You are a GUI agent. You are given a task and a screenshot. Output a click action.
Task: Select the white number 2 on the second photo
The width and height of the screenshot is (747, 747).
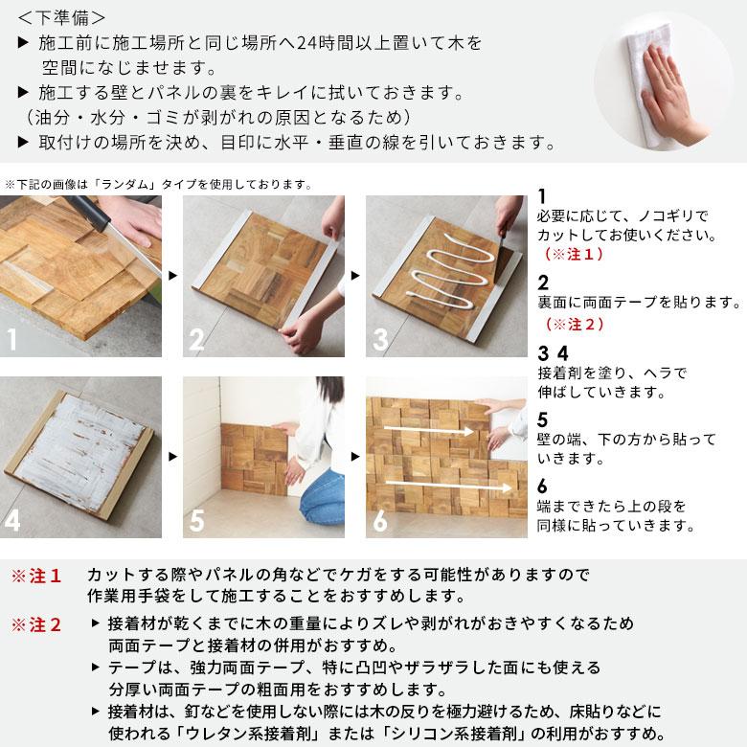(196, 339)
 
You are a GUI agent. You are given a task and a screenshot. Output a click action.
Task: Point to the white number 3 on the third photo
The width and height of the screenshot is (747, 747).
(381, 339)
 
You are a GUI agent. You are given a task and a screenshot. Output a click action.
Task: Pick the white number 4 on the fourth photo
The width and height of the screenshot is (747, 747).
(13, 521)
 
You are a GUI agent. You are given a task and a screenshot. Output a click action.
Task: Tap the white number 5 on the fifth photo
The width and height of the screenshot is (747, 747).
(196, 521)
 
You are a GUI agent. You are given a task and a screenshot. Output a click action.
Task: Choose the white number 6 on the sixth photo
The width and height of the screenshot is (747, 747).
(381, 521)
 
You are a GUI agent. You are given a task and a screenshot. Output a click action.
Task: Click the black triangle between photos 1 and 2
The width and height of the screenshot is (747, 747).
(171, 276)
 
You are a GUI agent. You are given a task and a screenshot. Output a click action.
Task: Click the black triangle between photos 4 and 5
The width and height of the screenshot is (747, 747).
(171, 457)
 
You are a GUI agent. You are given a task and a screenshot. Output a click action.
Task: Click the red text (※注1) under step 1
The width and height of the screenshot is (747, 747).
(574, 256)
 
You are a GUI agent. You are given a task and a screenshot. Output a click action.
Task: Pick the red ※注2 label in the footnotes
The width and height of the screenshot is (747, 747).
(36, 625)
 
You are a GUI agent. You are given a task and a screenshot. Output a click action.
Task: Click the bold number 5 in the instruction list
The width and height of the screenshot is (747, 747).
(543, 419)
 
